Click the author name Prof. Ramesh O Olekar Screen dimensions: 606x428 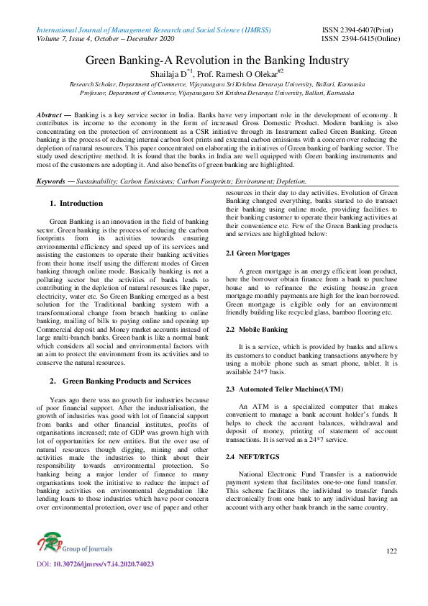(241, 74)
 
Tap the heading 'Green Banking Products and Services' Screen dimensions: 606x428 (127, 381)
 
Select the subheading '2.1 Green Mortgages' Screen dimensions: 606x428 (258, 253)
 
